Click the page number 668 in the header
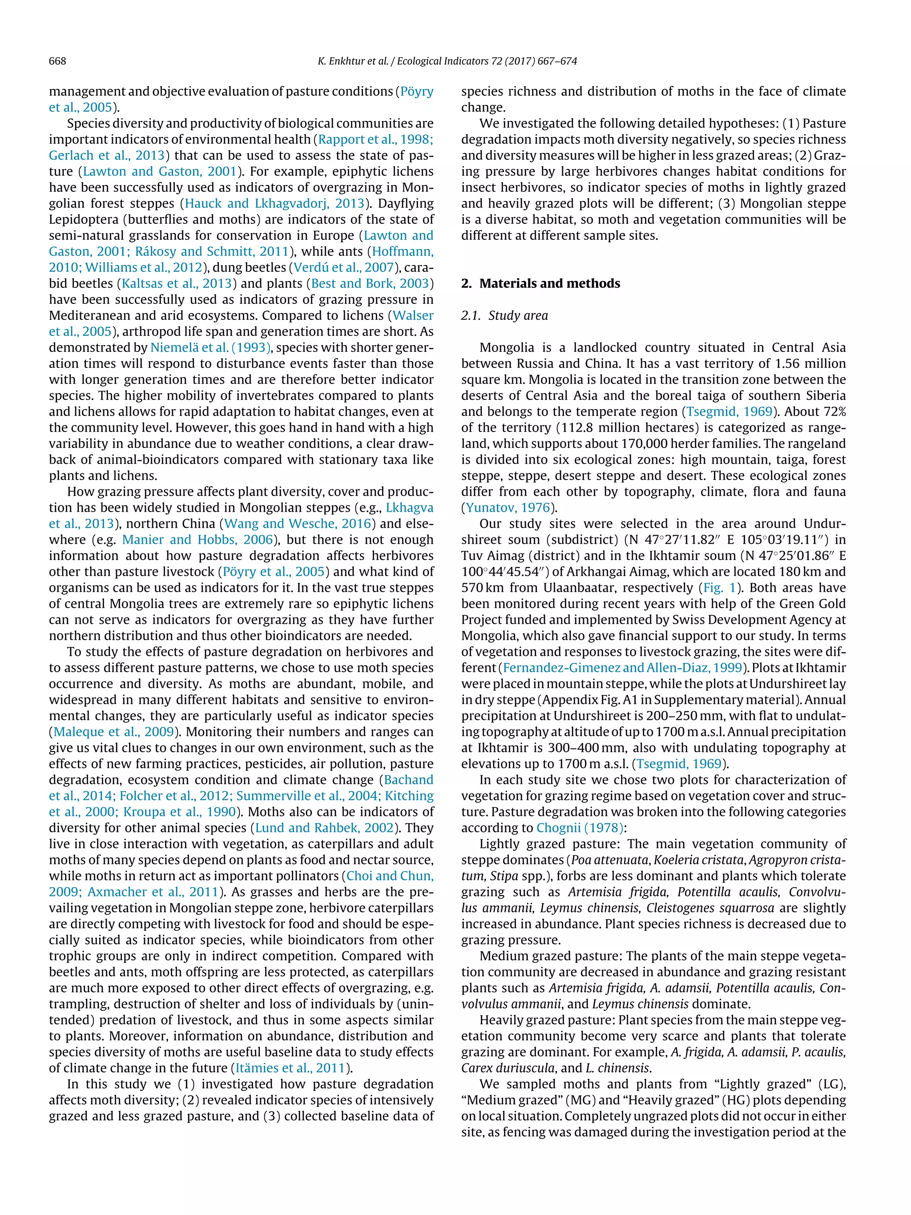click(58, 61)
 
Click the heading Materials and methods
click(549, 283)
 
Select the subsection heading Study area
click(518, 315)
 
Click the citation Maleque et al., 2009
click(113, 732)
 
